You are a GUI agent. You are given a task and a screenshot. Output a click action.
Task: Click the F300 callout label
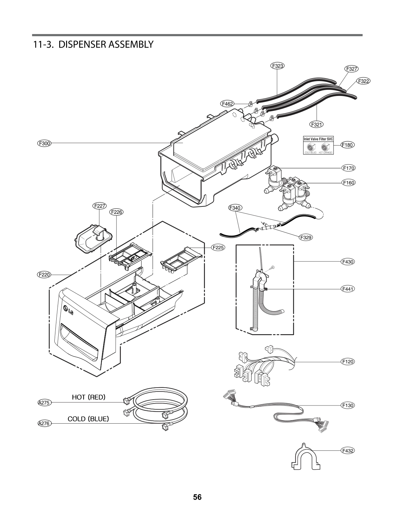(x=43, y=143)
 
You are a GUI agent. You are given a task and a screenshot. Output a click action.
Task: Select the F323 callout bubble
(x=277, y=66)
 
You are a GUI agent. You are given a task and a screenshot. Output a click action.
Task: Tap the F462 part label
(x=228, y=104)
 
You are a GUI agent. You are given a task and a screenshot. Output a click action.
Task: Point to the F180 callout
(x=348, y=145)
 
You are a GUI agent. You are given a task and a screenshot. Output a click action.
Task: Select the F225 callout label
(x=219, y=248)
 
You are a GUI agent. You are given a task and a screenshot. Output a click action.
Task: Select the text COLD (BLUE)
(x=88, y=418)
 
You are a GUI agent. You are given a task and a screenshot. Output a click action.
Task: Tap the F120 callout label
(x=348, y=361)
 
